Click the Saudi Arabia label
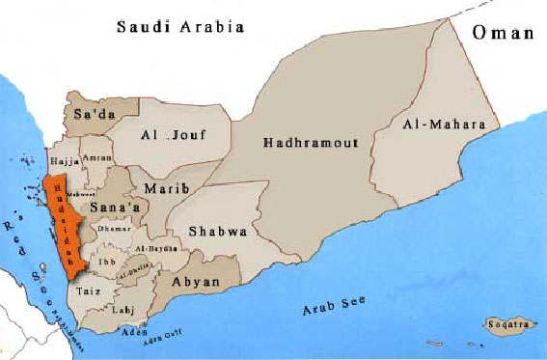179,27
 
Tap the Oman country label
503,33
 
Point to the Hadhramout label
311,143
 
